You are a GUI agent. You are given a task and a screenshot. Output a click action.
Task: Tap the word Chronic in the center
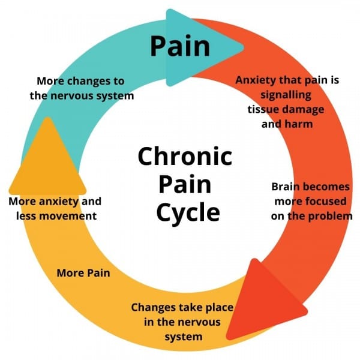(185, 157)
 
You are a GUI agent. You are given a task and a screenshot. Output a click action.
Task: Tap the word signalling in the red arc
(287, 95)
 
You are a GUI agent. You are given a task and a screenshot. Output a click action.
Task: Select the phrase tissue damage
(286, 109)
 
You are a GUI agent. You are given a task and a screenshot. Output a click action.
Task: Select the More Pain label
(83, 273)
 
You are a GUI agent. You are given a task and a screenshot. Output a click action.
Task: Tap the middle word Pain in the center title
(184, 185)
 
